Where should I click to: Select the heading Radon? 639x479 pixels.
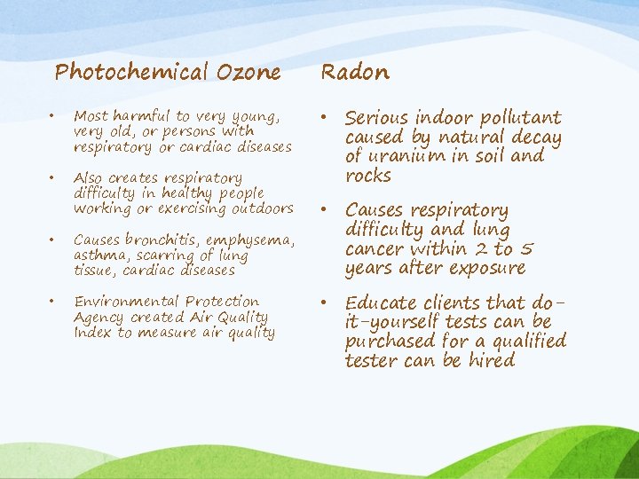pyautogui.click(x=354, y=72)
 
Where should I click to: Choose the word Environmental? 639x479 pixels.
pyautogui.click(x=123, y=302)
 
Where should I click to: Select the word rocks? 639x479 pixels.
pyautogui.click(x=367, y=176)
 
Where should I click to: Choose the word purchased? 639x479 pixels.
pyautogui.click(x=387, y=342)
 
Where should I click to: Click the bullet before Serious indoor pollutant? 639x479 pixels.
pyautogui.click(x=328, y=118)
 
